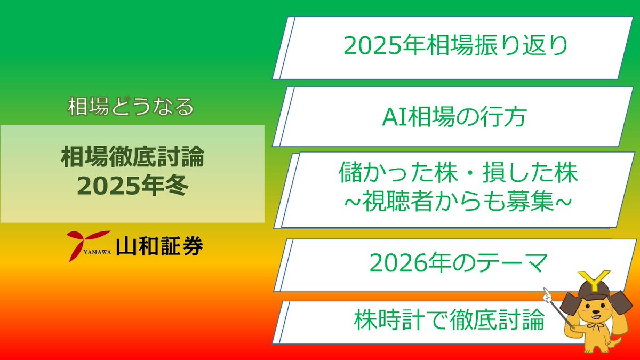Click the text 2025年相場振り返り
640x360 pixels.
(456, 46)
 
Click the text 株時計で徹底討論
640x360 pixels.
(449, 321)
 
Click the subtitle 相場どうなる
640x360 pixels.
(131, 107)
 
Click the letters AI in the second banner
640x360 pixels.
(394, 117)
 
